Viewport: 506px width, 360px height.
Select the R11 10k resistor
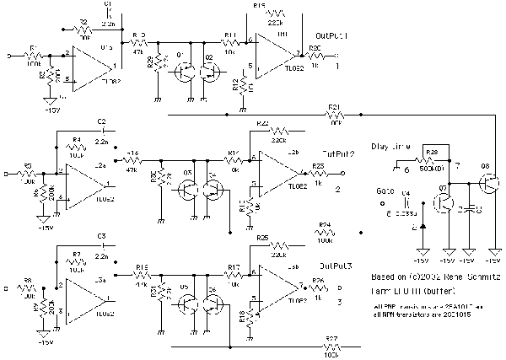pyautogui.click(x=229, y=41)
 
